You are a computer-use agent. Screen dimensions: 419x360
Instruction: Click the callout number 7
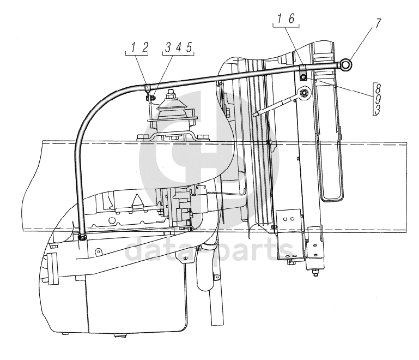coord(377,23)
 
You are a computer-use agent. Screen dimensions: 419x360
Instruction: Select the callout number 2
coord(144,47)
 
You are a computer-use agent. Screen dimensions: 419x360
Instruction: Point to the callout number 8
coord(378,88)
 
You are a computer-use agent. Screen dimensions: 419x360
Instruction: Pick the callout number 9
coord(378,99)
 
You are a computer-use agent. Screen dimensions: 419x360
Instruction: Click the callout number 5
coord(189,47)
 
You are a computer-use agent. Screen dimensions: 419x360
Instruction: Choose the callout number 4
coord(179,47)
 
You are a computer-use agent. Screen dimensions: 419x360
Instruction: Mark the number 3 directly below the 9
coord(377,110)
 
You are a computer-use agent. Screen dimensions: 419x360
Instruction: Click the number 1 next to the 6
coord(280,19)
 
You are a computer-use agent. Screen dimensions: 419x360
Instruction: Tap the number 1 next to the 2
coord(133,47)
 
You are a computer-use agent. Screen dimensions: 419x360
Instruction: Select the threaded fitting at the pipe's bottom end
coord(82,237)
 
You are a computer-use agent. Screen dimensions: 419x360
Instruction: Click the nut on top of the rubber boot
coord(171,95)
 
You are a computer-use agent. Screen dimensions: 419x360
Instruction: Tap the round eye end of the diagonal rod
coord(304,93)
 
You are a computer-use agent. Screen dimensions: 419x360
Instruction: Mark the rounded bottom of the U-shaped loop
coord(332,199)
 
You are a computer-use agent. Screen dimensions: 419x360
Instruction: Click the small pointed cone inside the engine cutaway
coord(138,200)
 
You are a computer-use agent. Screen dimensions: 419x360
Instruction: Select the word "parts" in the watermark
coord(252,249)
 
